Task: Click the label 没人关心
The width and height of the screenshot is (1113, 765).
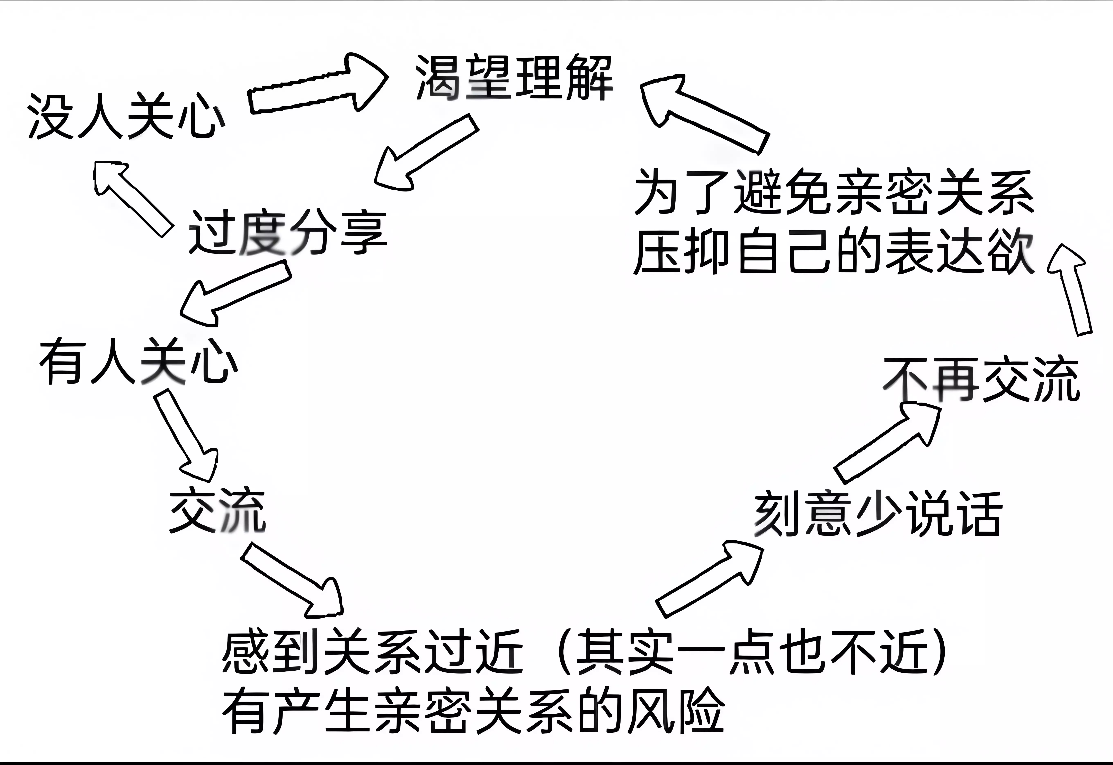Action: [125, 117]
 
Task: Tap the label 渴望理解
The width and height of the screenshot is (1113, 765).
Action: [514, 78]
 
